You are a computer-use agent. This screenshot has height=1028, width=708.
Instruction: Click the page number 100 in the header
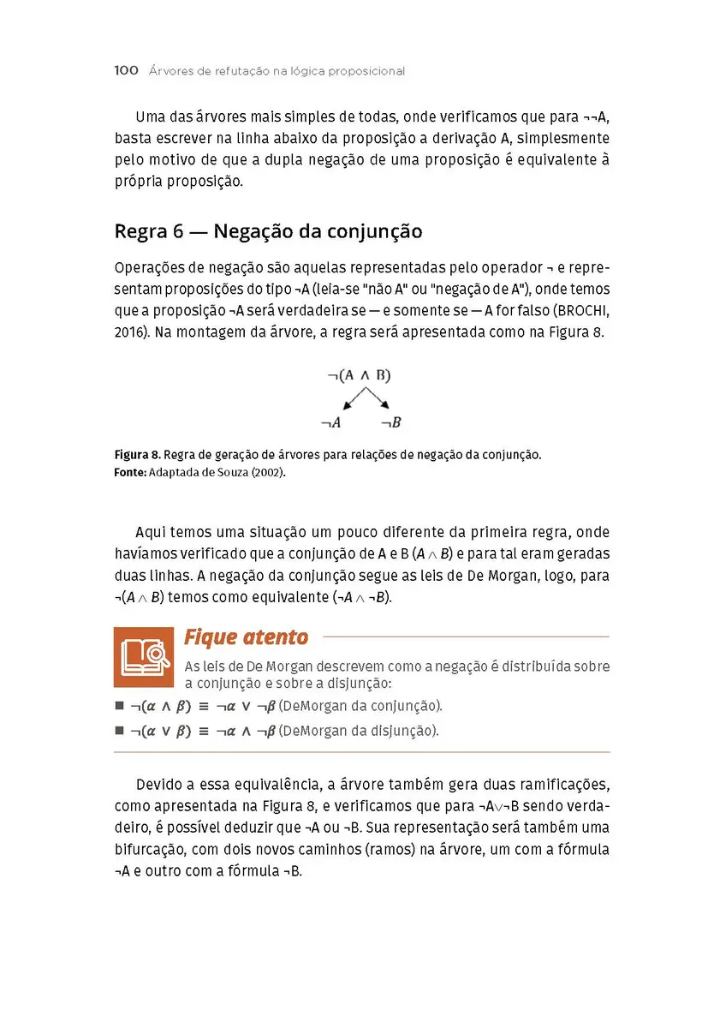126,71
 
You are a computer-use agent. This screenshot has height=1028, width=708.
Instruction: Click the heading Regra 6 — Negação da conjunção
268,231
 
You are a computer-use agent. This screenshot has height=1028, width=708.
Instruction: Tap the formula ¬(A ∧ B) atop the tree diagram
359,375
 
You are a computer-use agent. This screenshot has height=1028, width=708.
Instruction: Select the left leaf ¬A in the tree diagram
331,422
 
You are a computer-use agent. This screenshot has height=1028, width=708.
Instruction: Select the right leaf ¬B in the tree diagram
391,422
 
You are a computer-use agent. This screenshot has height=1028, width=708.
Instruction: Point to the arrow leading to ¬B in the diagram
378,399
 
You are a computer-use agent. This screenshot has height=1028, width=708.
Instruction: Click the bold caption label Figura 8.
137,455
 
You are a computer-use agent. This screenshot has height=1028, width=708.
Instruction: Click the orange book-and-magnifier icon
144,656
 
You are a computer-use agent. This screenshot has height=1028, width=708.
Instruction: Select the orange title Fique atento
246,637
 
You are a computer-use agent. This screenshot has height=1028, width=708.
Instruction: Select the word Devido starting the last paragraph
159,785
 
